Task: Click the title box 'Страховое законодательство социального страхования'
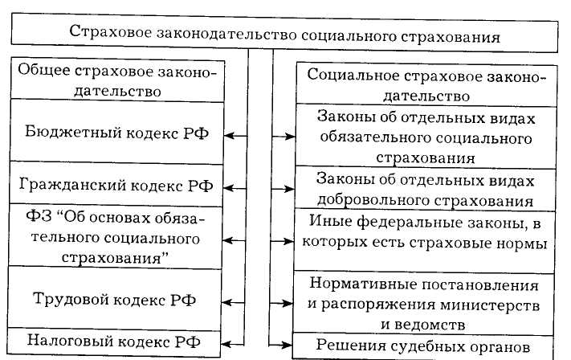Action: coord(284,36)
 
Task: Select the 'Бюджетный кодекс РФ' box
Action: coord(116,133)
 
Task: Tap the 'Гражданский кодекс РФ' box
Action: coord(116,186)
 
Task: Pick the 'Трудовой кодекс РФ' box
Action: coord(116,299)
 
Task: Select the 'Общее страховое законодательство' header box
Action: coord(116,79)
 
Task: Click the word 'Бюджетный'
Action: coord(63,133)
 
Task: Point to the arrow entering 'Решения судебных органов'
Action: coord(283,345)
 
